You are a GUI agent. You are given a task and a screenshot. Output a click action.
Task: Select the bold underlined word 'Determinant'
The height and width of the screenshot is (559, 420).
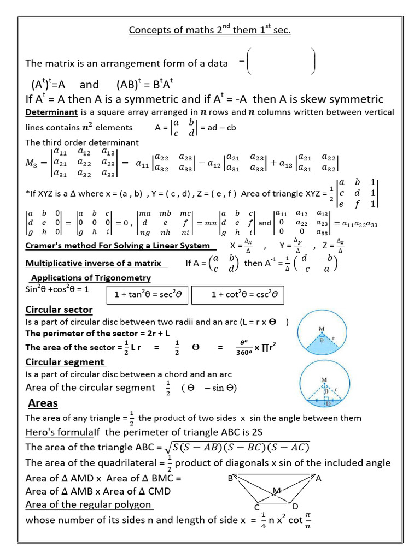pyautogui.click(x=52, y=112)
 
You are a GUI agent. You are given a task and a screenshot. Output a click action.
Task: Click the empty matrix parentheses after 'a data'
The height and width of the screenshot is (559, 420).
pyautogui.click(x=281, y=61)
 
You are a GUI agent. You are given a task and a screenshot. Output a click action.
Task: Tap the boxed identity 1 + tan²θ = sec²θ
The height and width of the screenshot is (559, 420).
pyautogui.click(x=148, y=295)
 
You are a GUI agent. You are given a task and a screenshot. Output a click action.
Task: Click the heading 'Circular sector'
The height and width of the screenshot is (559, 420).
pyautogui.click(x=59, y=310)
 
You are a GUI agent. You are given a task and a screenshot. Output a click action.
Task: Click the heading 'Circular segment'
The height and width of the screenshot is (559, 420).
pyautogui.click(x=65, y=362)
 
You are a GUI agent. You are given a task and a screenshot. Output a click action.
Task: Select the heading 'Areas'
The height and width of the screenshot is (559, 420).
pyautogui.click(x=43, y=403)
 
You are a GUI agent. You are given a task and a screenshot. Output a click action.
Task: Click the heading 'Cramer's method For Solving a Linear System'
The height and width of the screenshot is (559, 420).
pyautogui.click(x=118, y=246)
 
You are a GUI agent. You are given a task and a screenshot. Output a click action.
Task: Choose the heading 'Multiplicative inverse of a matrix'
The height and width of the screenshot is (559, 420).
pyautogui.click(x=94, y=263)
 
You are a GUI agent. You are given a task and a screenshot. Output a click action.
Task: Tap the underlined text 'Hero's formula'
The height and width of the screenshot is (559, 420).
pyautogui.click(x=59, y=432)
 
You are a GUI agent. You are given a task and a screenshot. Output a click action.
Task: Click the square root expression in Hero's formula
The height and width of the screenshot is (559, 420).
pyautogui.click(x=237, y=448)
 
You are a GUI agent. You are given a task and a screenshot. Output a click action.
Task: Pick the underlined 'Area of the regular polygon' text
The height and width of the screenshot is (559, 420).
pyautogui.click(x=89, y=504)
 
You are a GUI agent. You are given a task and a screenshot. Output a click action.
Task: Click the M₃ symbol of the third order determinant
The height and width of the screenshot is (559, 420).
pyautogui.click(x=34, y=164)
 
